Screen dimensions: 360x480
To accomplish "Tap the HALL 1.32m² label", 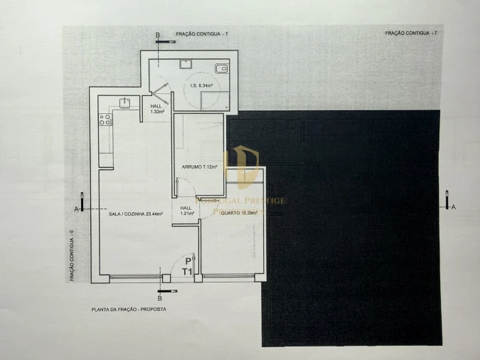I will pos(156,108).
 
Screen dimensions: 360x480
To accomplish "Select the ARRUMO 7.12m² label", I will pos(200,167).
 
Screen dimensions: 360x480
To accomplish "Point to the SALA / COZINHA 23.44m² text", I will pos(136,213).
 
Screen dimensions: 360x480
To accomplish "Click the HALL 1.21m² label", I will pos(186,211).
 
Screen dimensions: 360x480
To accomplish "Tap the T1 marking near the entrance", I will pos(188,271).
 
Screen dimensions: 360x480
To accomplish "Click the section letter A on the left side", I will pos(75,208).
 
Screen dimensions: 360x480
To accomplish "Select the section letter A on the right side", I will pos(454,206).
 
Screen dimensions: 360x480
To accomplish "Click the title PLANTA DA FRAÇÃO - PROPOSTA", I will pos(124,310).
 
